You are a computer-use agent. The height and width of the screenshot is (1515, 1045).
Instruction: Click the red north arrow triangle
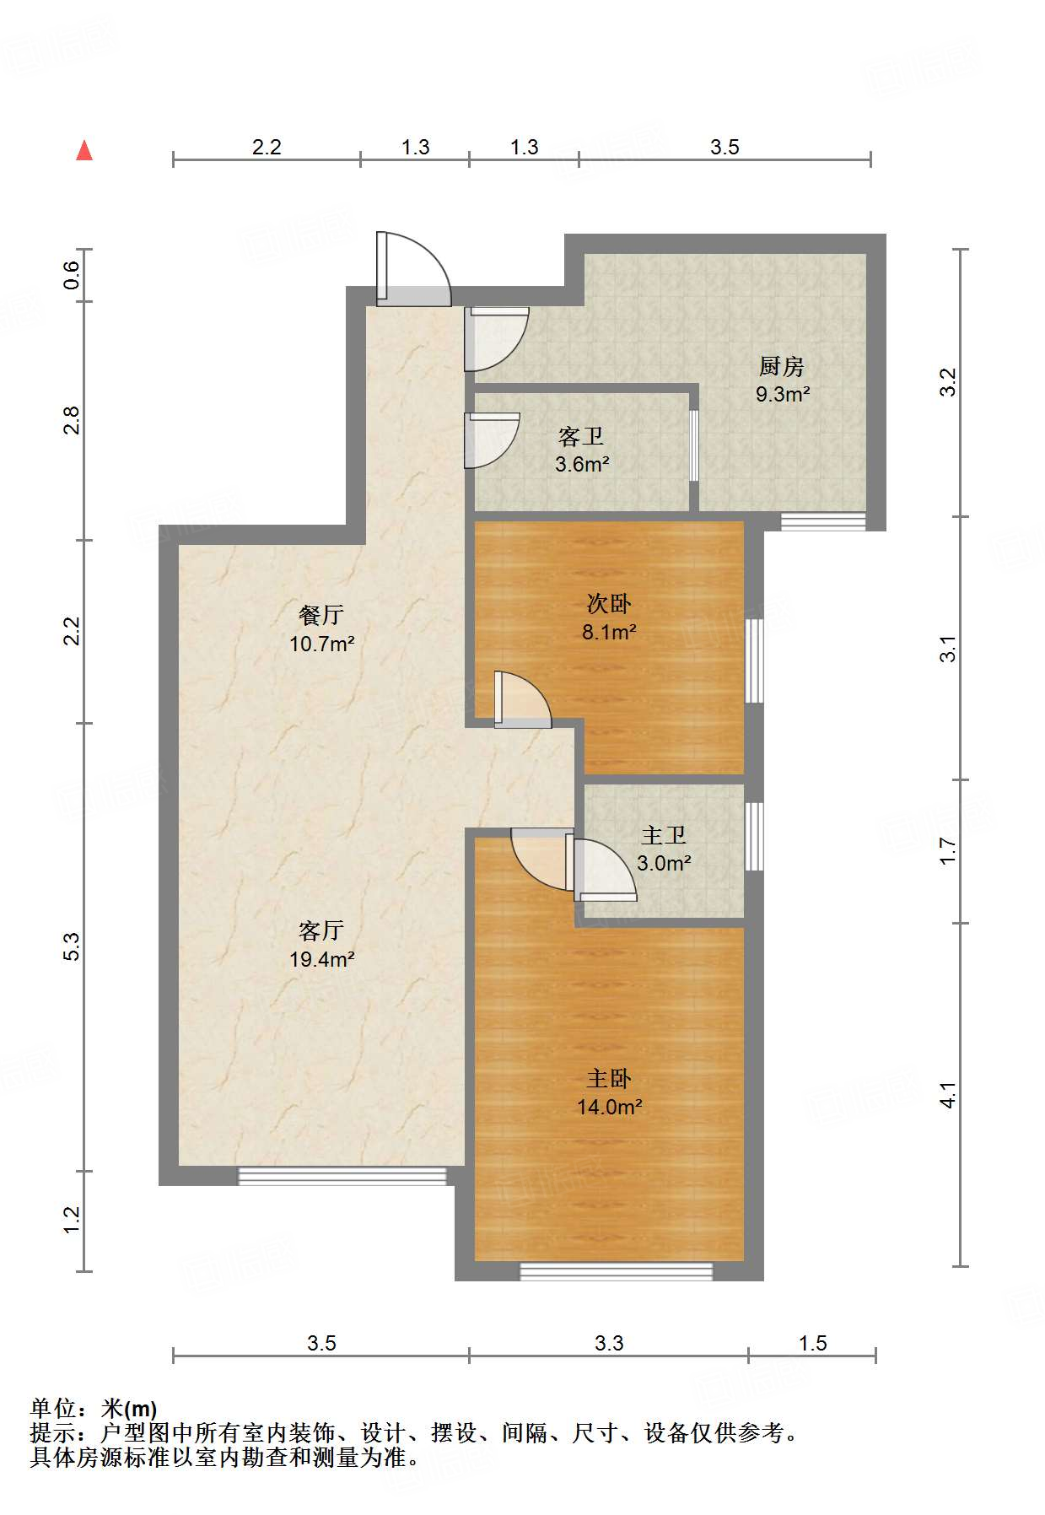84,150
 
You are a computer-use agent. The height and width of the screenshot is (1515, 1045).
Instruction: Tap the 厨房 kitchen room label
781,366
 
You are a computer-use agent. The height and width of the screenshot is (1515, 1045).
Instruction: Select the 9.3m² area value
783,394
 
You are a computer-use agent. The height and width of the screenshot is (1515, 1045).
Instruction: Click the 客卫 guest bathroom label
581,436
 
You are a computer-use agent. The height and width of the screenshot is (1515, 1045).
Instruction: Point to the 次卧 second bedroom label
608,603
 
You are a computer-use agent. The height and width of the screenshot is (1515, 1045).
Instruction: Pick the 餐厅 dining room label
321,615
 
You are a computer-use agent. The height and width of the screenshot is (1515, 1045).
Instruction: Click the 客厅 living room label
321,930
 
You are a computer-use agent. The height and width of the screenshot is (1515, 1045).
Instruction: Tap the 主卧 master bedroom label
609,1078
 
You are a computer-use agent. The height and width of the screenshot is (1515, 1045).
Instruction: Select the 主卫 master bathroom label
664,835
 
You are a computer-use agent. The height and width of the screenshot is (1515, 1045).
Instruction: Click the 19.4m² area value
321,959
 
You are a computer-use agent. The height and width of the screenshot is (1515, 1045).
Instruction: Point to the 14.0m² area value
609,1107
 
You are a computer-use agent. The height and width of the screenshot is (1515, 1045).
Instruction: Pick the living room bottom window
342,1176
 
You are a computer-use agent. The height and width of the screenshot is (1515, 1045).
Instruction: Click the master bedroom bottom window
617,1271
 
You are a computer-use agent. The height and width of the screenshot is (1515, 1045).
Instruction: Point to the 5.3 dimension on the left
72,946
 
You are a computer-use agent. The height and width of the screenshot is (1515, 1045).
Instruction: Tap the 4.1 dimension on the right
948,1095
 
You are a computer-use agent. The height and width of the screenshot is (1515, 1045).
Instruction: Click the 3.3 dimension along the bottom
609,1343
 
